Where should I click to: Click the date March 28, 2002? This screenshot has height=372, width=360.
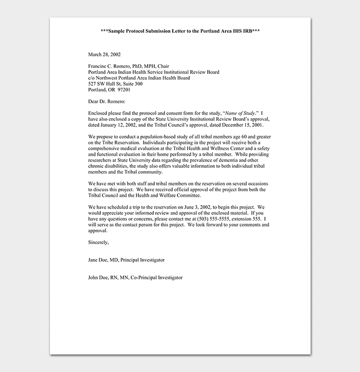(x=104, y=54)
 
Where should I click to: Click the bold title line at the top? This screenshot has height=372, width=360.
(x=180, y=31)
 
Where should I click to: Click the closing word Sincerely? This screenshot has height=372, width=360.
(x=98, y=242)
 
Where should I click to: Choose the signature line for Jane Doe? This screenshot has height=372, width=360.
(x=127, y=259)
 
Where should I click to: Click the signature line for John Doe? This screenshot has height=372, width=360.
(x=135, y=277)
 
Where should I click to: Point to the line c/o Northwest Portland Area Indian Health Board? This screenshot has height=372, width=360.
(x=139, y=78)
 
